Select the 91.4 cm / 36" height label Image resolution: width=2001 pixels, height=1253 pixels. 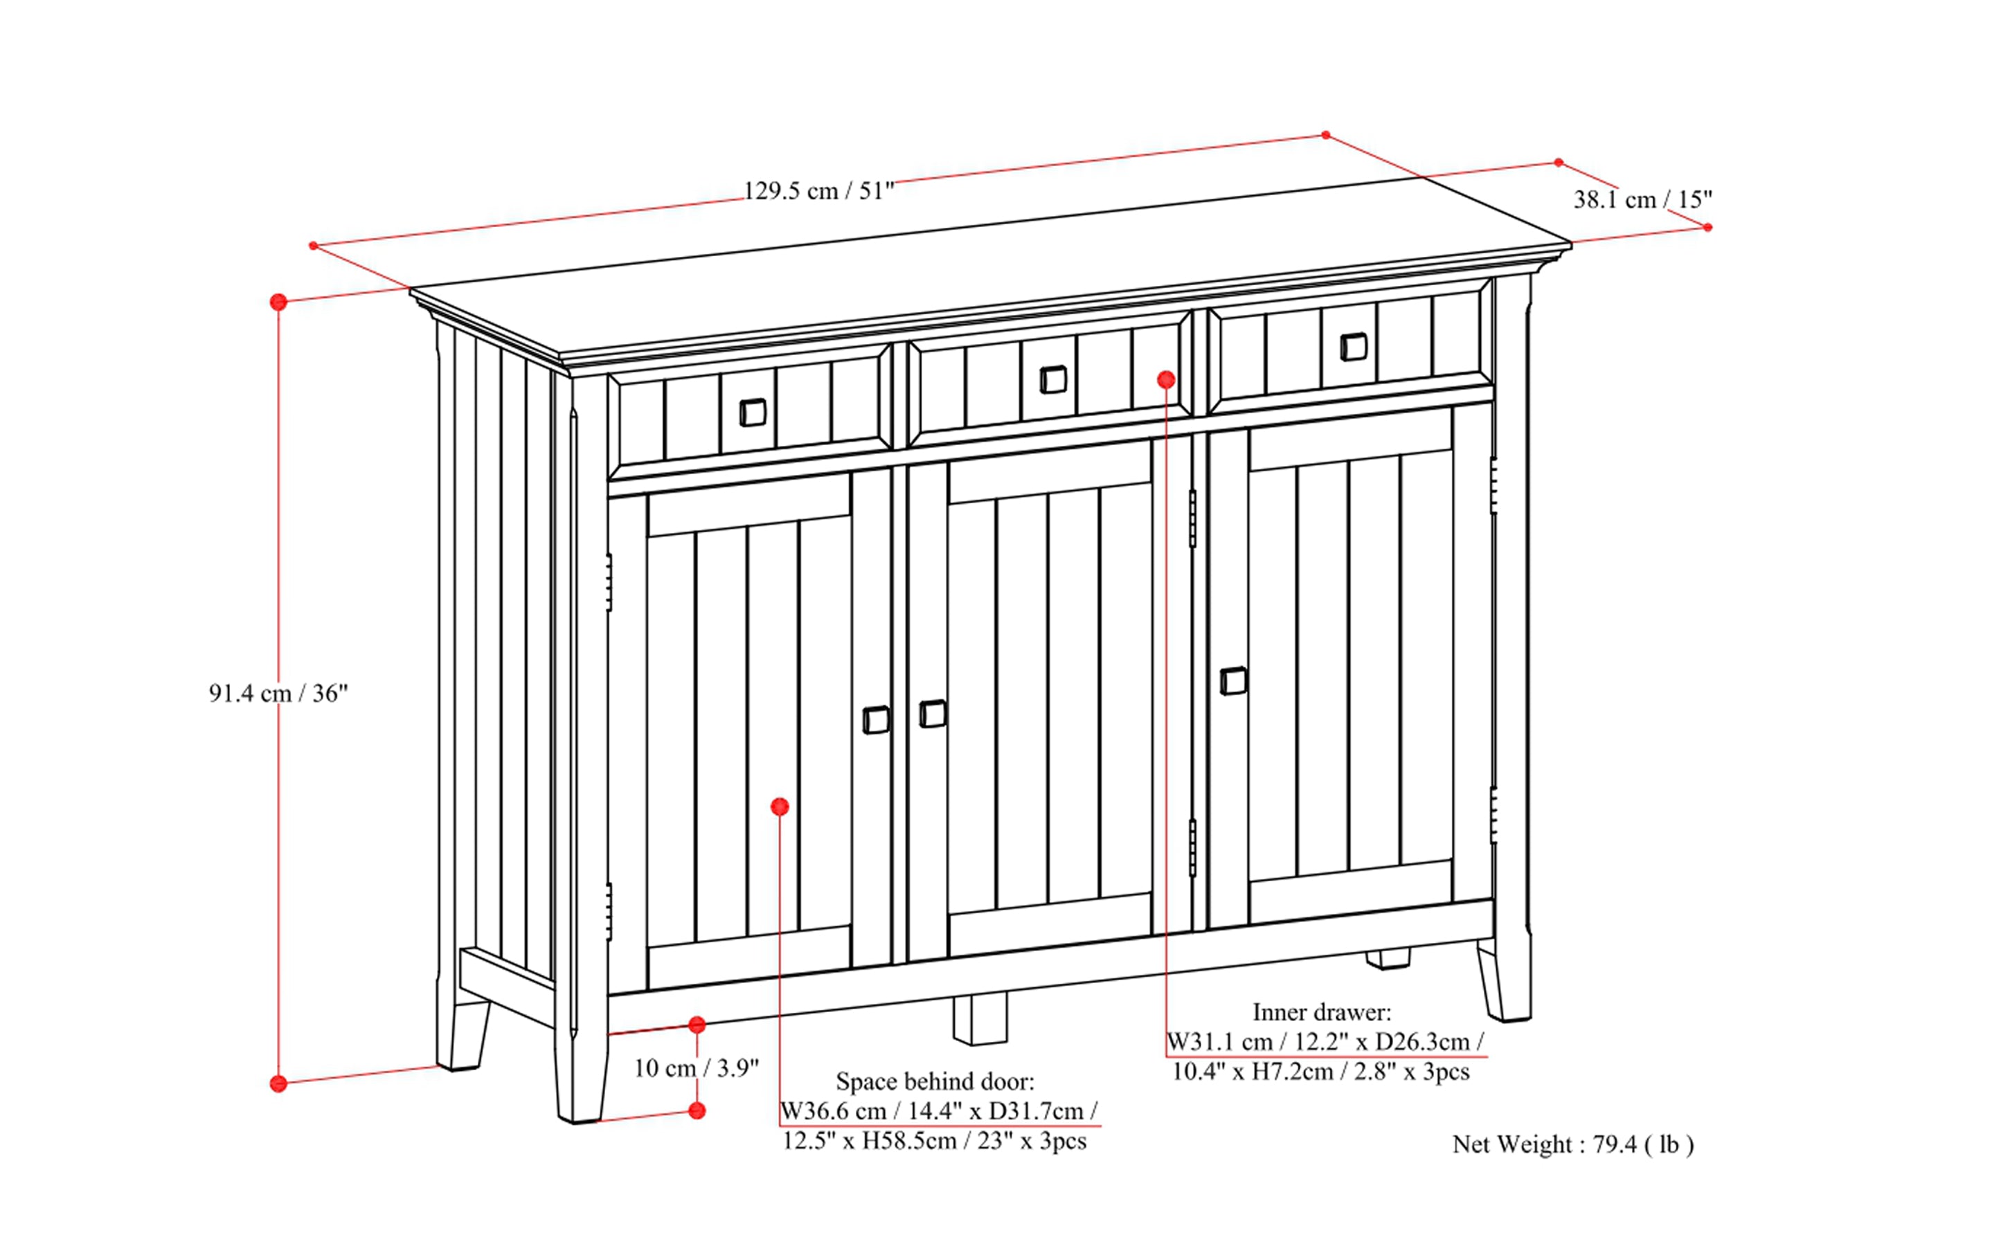point(278,693)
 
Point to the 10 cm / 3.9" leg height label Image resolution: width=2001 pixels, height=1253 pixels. point(697,1068)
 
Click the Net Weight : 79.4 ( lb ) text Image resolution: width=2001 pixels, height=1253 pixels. point(1572,1144)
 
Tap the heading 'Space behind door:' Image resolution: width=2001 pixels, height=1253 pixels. point(934,1081)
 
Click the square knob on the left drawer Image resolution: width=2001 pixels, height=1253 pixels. point(752,412)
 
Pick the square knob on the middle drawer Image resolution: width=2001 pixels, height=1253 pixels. point(1052,379)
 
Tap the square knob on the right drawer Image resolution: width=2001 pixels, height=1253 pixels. point(1353,346)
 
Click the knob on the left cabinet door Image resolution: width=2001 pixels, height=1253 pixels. point(876,719)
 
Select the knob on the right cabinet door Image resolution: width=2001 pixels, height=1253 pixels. point(1232,681)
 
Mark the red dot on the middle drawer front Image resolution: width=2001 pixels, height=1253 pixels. point(1166,379)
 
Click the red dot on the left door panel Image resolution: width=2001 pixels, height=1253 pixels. point(779,806)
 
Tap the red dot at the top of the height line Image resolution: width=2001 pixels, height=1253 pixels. point(278,302)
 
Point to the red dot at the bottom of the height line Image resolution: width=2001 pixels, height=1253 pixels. point(278,1083)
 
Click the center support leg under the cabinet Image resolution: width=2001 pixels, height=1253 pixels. point(980,1019)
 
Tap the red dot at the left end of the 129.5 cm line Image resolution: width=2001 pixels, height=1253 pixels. point(314,245)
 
